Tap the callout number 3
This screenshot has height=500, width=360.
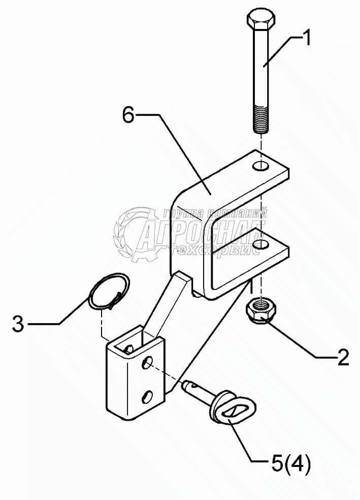click(x=18, y=324)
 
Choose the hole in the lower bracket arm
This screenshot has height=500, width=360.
click(x=261, y=246)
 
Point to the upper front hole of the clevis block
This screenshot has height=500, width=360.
click(x=148, y=363)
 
